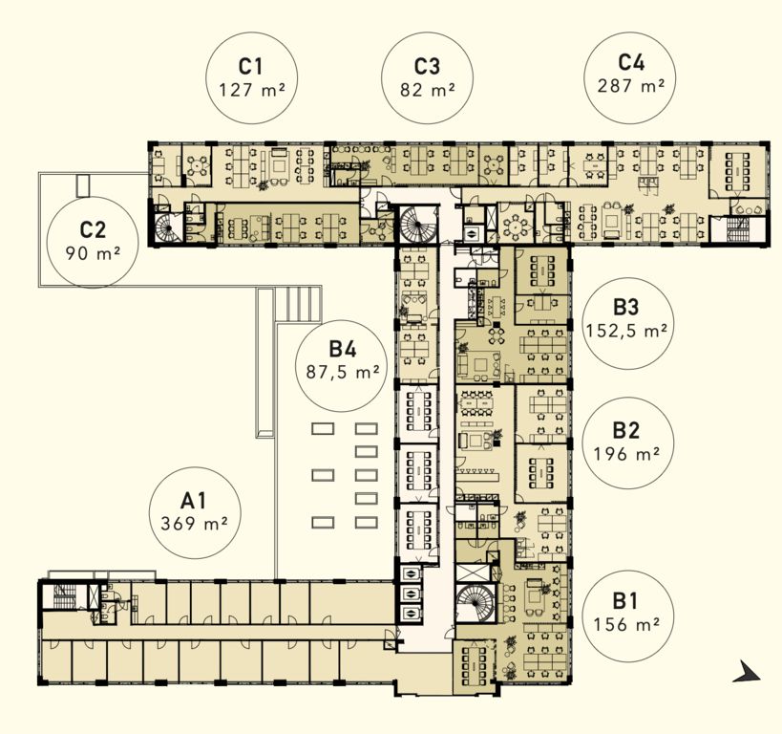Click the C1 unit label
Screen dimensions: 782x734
pos(250,66)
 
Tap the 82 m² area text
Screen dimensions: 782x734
pos(428,90)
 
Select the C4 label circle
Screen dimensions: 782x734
pos(631,78)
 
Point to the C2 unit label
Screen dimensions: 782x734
pos(93,229)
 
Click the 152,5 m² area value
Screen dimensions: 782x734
pos(626,331)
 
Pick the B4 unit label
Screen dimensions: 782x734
pos(343,349)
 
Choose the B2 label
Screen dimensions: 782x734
pos(626,430)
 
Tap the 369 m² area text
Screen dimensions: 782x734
pos(195,524)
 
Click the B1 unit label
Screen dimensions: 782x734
pos(624,601)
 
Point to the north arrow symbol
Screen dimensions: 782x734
pos(747,672)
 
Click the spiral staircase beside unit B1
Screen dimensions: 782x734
pos(476,603)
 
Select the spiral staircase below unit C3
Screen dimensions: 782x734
pos(419,224)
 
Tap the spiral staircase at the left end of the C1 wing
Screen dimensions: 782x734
pos(168,228)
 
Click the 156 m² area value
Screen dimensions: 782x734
pos(626,624)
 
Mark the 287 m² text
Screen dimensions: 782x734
pos(631,85)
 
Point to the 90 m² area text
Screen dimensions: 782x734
pos(94,253)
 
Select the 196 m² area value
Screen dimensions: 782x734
pos(626,453)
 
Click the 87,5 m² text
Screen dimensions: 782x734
pos(343,372)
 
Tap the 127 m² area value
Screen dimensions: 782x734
pos(252,90)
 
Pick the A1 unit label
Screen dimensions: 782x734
pos(194,500)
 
